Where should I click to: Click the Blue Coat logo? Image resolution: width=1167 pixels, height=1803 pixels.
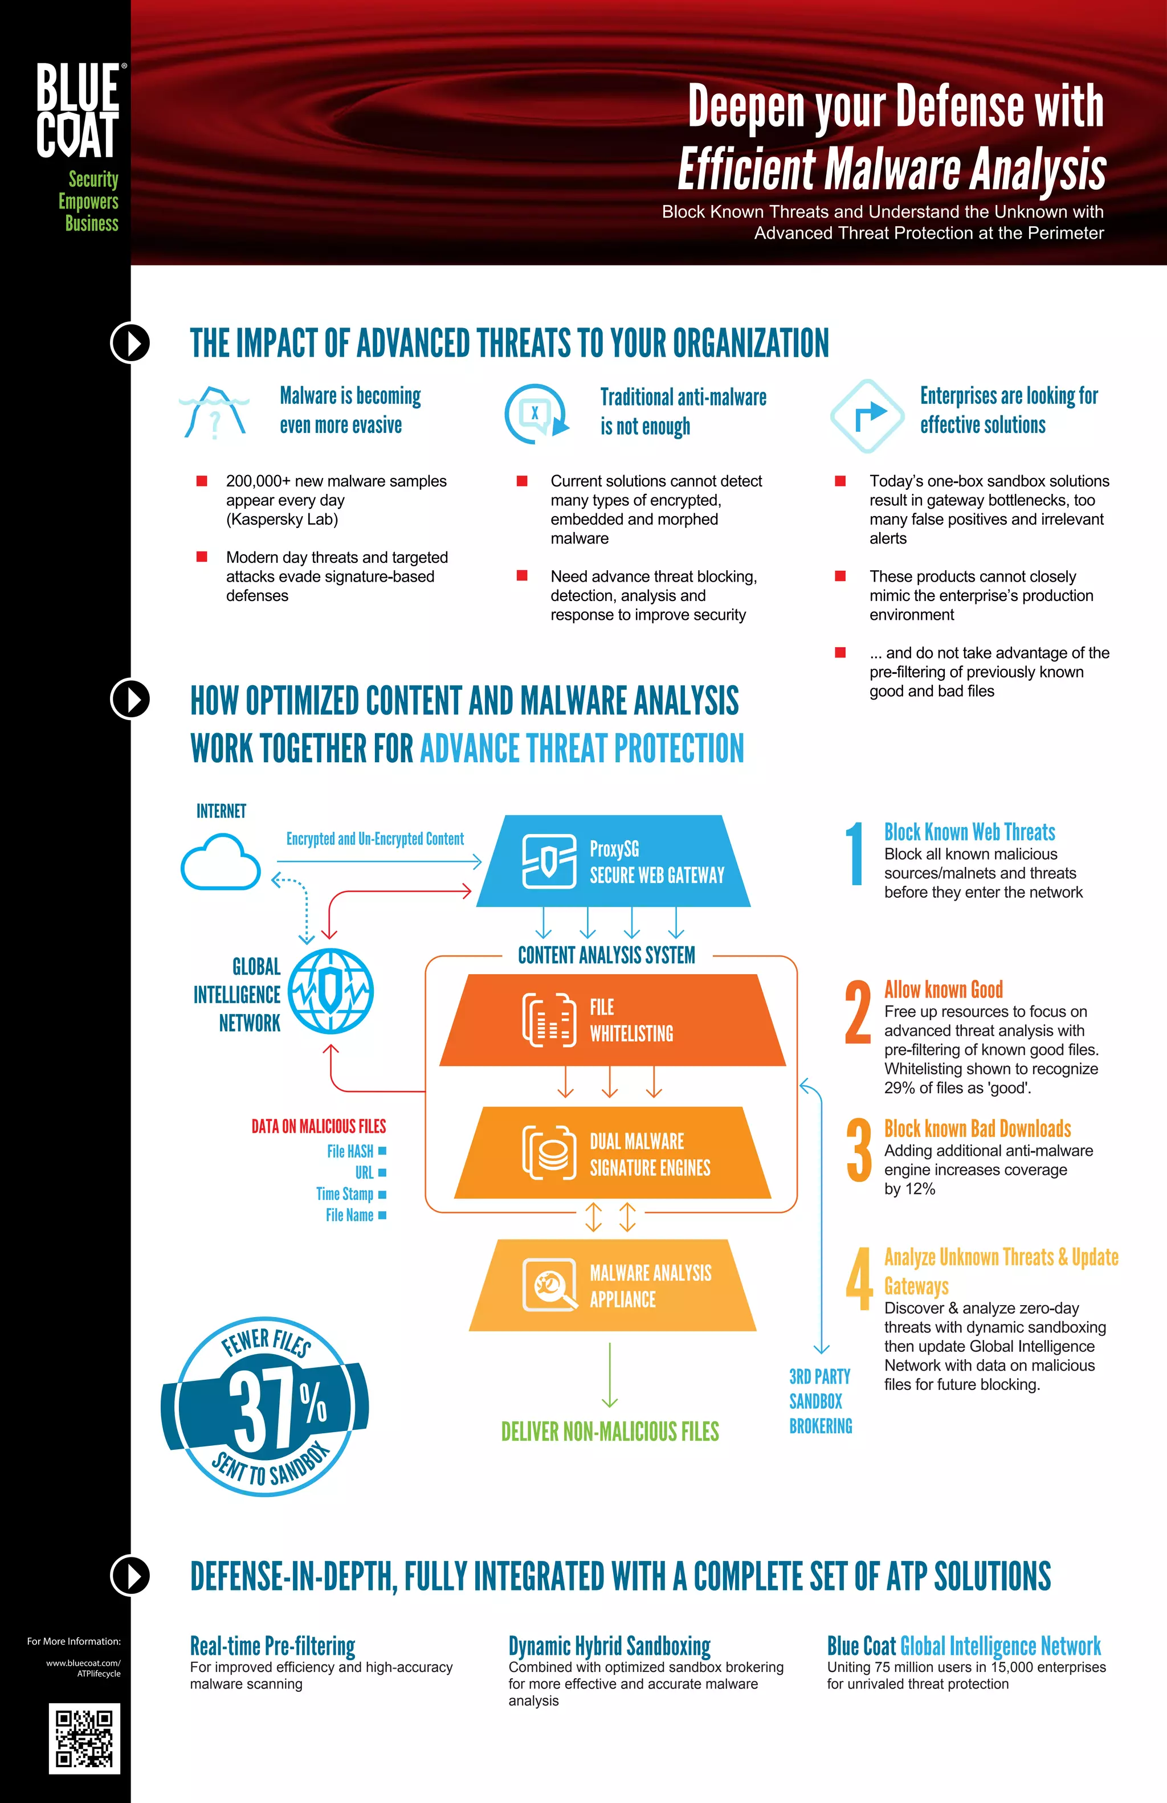[x=78, y=110]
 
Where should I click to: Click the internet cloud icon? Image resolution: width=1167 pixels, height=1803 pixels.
[x=221, y=861]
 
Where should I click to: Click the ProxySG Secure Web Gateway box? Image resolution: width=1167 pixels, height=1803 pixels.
[x=614, y=861]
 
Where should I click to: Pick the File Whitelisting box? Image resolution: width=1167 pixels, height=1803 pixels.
[x=613, y=1020]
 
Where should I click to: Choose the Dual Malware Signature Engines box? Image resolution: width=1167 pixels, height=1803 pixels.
[x=613, y=1153]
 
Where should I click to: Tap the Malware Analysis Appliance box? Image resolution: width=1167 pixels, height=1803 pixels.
[x=613, y=1286]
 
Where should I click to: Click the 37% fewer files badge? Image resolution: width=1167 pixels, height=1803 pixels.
[x=265, y=1407]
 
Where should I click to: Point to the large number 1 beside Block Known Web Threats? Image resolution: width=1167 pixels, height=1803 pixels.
[x=855, y=854]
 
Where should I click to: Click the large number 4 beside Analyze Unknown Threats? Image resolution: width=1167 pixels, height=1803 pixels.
[x=859, y=1279]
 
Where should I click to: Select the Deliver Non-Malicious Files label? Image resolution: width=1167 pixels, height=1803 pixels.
[x=610, y=1431]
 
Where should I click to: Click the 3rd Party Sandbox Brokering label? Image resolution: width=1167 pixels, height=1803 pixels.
[x=820, y=1401]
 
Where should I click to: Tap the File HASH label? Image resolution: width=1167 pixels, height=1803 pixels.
[x=350, y=1151]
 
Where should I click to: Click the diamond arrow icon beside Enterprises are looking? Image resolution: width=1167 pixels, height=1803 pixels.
[x=867, y=415]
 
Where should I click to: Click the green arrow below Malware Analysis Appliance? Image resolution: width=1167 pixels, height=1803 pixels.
[x=610, y=1376]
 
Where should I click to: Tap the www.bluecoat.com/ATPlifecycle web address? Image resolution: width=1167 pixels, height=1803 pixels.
[x=83, y=1668]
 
